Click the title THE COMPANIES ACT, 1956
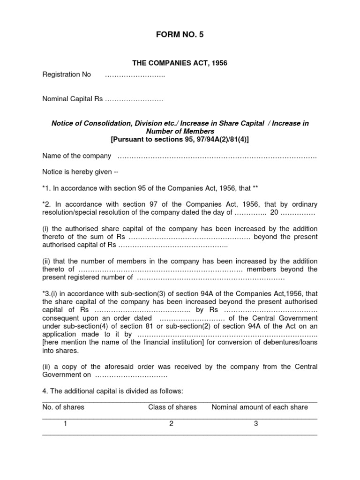point(180,63)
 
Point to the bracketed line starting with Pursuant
point(180,140)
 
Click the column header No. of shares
point(63,407)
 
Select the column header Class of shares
point(172,407)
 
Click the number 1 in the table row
point(66,424)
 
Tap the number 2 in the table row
point(172,424)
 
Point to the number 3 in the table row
point(256,424)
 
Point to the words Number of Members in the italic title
point(180,132)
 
